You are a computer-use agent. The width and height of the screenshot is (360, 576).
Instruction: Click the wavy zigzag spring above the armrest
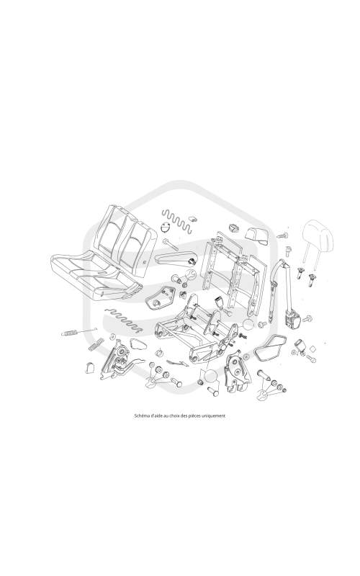177,221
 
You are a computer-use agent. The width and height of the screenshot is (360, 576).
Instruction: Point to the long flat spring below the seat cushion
123,318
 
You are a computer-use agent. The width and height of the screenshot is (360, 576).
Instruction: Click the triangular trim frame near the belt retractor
270,348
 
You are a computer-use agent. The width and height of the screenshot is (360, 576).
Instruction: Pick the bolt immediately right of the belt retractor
308,318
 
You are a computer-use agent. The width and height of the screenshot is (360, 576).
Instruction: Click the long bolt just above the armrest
171,244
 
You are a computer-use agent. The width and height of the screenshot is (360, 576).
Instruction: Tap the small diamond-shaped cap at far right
313,348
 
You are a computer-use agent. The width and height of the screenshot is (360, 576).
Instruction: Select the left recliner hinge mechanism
118,360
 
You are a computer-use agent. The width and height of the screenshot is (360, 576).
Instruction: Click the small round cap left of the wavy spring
166,228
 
